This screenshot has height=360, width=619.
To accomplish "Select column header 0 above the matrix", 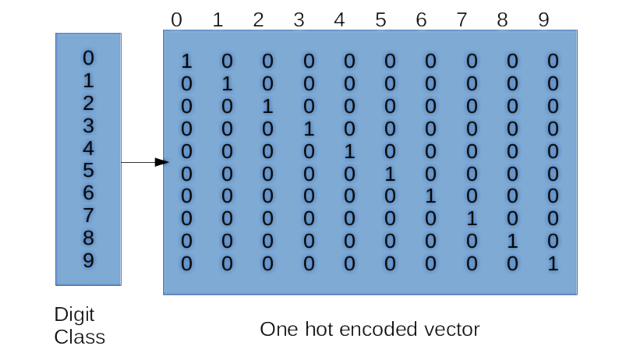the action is [x=177, y=19].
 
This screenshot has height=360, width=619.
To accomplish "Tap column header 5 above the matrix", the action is [x=380, y=19].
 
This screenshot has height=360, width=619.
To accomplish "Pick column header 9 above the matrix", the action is [x=543, y=19].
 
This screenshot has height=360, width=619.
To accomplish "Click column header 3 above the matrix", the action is [x=299, y=19].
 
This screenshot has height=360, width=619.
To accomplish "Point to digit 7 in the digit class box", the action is [x=88, y=215].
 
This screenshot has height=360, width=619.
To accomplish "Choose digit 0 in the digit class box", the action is [x=88, y=58].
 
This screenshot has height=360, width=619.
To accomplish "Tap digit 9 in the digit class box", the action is [x=88, y=260].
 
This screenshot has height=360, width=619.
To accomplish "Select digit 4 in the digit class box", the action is [x=88, y=148].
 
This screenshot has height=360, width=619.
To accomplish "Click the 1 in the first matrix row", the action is [x=186, y=61].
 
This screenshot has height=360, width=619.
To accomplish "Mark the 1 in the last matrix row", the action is [x=553, y=263].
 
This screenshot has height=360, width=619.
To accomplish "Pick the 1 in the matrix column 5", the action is [x=390, y=174].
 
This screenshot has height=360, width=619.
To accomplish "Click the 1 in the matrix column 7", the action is [x=472, y=219].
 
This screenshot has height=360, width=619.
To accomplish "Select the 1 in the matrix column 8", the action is [x=512, y=242].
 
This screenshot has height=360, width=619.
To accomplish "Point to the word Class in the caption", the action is [x=80, y=337].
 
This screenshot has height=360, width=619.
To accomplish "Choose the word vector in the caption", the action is [x=453, y=330].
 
